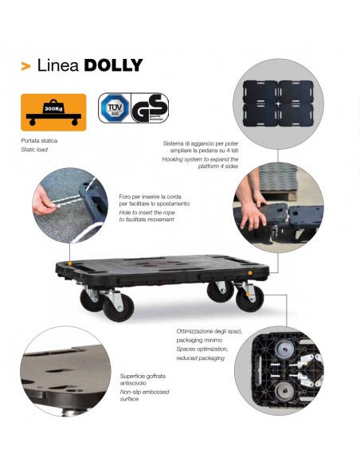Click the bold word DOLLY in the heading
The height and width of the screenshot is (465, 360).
114,65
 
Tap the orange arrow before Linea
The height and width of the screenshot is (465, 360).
25,66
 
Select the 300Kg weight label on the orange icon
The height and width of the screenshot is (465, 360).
53,108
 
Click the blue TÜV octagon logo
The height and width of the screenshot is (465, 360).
115,107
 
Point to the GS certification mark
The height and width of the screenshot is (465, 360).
150,108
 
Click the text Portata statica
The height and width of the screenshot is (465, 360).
39,141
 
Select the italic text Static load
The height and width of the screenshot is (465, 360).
34,150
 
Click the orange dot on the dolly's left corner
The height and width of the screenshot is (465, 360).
69,263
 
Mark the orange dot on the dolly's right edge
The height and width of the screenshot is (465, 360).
250,272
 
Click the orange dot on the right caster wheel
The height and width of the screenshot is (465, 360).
248,294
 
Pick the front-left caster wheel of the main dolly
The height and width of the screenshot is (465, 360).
118,307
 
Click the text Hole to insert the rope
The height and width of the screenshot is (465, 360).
147,213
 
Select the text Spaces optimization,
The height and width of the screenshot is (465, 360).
202,349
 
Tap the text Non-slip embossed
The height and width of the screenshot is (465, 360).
144,392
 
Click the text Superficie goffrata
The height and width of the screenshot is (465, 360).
143,376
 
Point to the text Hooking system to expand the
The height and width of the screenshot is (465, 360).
200,159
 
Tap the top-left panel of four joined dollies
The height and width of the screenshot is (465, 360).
260,92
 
